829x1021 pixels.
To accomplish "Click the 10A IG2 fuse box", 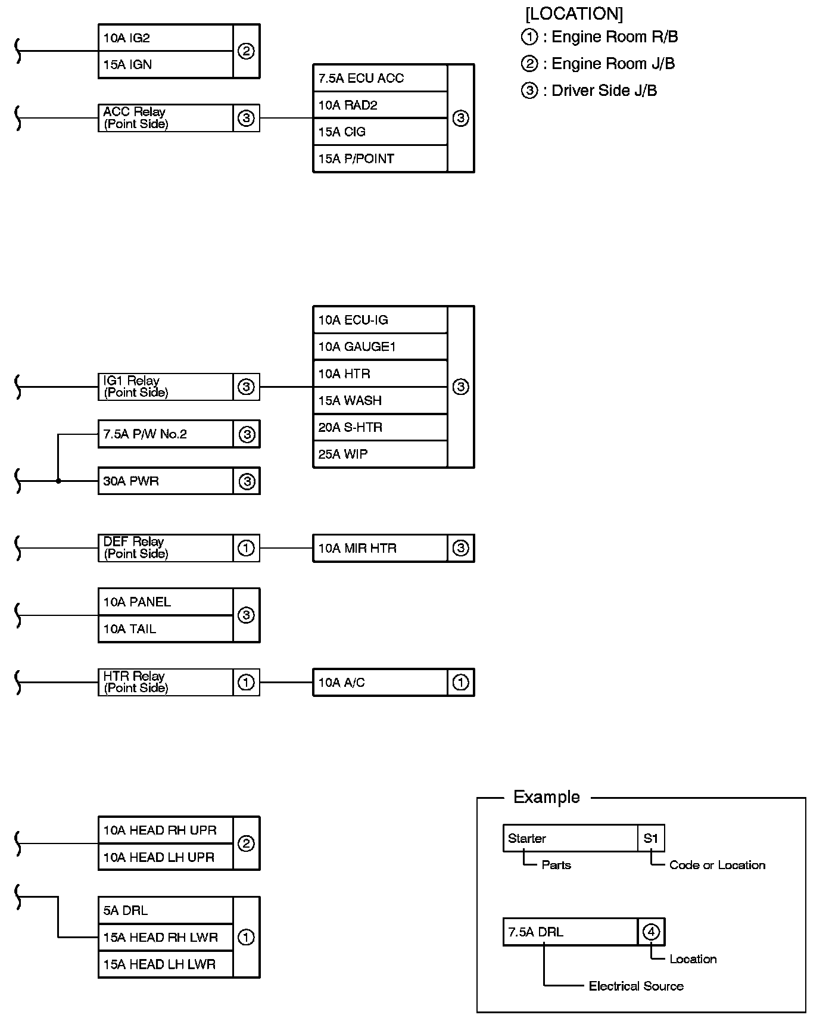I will point(165,38).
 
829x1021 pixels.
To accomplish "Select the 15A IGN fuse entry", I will point(165,64).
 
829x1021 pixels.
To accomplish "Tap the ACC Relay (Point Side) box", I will point(165,118).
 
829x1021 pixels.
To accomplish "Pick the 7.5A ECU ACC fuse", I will point(380,78).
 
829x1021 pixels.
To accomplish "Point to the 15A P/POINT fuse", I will point(380,158).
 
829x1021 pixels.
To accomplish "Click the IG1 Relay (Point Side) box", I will point(165,387).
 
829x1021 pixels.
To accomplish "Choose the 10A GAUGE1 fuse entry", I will point(380,347).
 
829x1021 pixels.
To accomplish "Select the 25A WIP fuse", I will point(380,454).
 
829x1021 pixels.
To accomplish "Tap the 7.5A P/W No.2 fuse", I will point(165,434).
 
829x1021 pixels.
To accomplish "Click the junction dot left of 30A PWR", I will point(58,481).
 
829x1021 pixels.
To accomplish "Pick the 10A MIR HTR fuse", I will point(380,548).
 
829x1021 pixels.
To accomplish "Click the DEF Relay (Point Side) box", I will point(165,548).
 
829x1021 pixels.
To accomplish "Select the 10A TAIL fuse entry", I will point(165,628).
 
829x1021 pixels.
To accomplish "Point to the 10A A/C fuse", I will point(380,682).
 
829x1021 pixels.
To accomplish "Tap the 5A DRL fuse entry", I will point(165,910).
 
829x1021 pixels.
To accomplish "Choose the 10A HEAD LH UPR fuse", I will point(165,857).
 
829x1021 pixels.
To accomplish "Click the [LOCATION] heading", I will point(574,13).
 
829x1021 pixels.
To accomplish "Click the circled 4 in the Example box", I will point(652,932).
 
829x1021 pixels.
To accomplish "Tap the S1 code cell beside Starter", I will point(651,838).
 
